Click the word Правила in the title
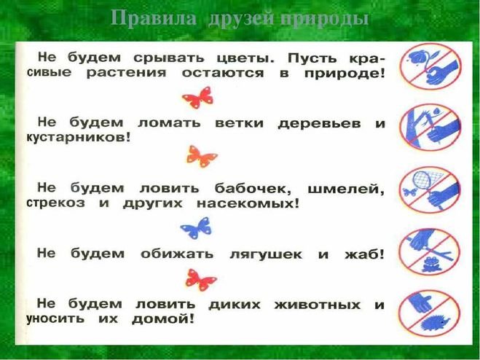[154, 18]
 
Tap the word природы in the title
[324, 19]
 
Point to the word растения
[126, 74]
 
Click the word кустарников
[79, 137]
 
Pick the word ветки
[239, 123]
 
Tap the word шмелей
[345, 189]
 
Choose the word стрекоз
[55, 203]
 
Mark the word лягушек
[266, 254]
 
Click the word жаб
[364, 254]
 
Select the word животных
[317, 305]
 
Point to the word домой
[163, 318]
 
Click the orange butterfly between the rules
[202, 156]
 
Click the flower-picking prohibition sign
[430, 66]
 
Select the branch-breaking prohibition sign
[430, 128]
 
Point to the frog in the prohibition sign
[430, 265]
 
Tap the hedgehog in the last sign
[436, 322]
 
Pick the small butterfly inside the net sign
[410, 192]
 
